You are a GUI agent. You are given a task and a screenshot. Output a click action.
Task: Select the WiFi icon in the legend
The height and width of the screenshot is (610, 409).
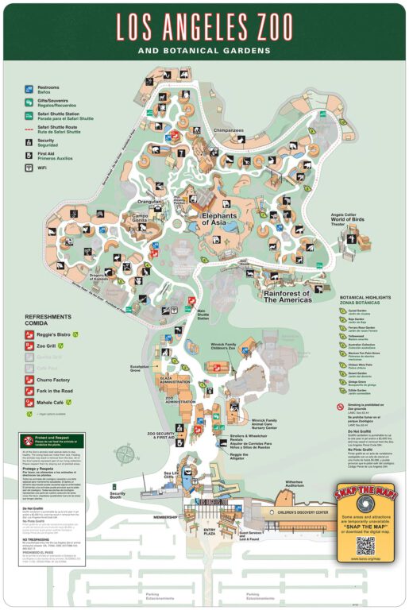tap(29, 168)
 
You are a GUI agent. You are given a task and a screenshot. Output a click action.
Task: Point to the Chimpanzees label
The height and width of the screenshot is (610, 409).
tap(228, 129)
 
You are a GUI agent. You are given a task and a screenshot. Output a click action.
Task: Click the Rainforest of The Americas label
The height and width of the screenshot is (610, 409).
tap(297, 295)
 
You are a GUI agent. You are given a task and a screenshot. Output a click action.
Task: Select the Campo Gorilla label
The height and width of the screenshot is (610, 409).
tap(145, 217)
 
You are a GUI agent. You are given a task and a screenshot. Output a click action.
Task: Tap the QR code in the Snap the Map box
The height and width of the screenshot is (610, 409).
tap(365, 546)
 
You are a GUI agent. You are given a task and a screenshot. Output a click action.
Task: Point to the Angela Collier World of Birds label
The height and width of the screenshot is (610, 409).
tap(344, 218)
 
